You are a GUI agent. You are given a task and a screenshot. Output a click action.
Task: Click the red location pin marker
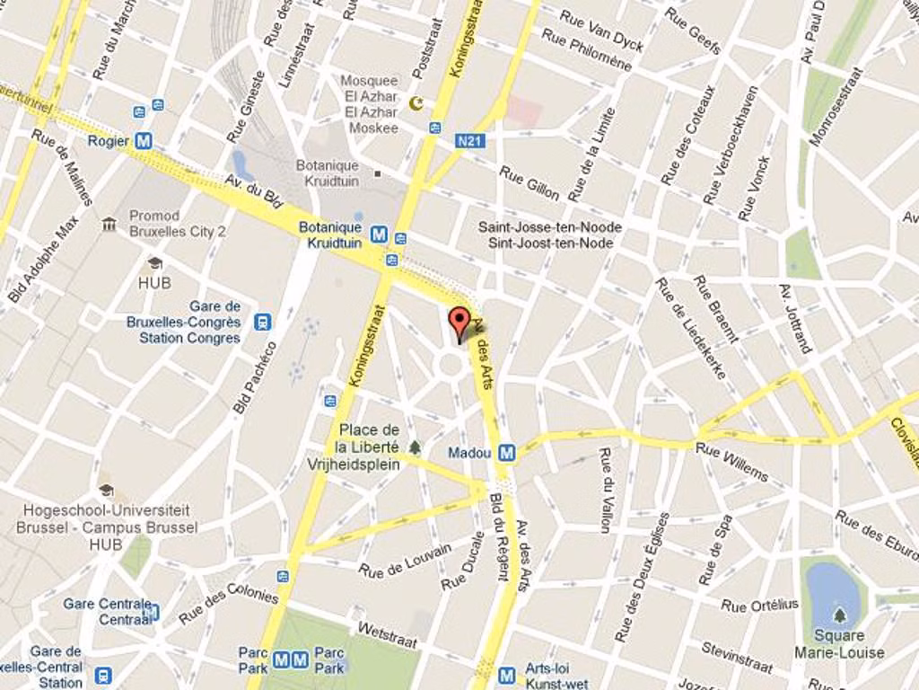coord(459,323)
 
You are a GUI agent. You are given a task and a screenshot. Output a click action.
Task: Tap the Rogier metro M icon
coord(144,141)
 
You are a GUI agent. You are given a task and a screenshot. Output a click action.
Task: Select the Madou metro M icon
coord(507,453)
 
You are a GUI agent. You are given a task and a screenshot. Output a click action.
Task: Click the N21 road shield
coord(469,141)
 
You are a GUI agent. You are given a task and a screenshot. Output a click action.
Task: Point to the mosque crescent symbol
coord(416,103)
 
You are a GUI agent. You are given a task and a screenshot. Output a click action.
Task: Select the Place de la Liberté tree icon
coord(415,447)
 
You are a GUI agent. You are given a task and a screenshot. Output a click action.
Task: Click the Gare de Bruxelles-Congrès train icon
coord(262,322)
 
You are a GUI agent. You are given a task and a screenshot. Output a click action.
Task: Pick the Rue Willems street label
coord(732,462)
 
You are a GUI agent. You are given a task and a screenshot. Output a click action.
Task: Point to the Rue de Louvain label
coord(406,561)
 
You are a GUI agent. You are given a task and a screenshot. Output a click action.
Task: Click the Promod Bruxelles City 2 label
coord(177,224)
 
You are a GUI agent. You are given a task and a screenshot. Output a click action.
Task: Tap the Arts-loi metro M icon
coord(507,674)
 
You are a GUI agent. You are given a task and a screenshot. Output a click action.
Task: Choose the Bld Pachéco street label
coord(255,378)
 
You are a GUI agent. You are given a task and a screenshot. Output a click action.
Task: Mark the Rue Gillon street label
coord(530,182)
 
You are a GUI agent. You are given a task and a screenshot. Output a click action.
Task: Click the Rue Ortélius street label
coord(759,605)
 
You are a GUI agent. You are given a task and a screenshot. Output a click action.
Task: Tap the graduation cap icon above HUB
coord(154,263)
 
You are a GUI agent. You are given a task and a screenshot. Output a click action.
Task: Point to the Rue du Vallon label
coord(607,490)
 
